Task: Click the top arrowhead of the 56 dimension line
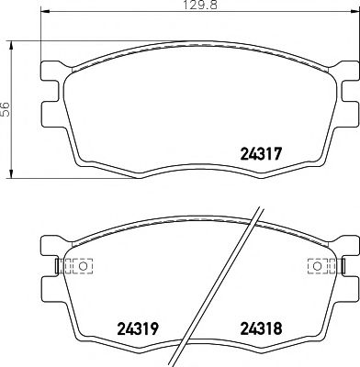pos(11,42)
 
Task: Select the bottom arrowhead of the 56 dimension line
pos(11,174)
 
